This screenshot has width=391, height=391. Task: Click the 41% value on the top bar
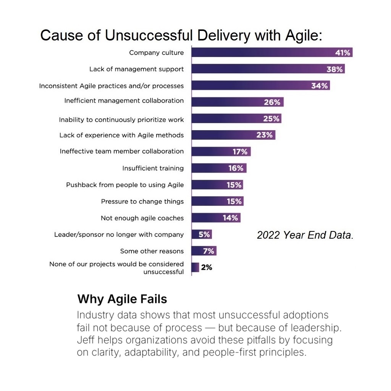(343, 53)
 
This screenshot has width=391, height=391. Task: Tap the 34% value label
(319, 86)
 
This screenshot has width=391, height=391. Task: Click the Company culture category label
(156, 53)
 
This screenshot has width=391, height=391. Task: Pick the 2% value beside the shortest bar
(207, 267)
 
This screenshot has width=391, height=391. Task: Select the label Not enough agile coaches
(142, 218)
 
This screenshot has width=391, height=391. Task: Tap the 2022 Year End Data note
(305, 235)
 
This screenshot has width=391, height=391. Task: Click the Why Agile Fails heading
(122, 299)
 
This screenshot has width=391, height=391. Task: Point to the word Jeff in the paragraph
(86, 340)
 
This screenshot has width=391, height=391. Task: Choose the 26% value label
(272, 102)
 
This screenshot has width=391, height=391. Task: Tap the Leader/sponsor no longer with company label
(119, 234)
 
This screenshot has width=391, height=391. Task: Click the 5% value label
(204, 234)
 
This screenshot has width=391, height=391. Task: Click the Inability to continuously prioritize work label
(121, 120)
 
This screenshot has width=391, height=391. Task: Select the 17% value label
(240, 152)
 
